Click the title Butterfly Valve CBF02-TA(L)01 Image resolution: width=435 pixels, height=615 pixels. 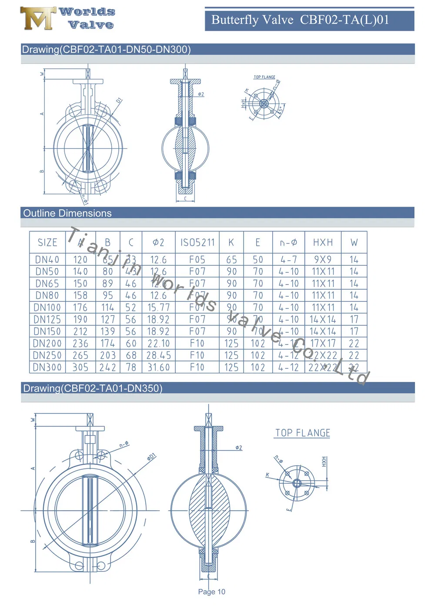[x=300, y=20]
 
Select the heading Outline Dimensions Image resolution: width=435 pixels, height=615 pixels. [x=67, y=213]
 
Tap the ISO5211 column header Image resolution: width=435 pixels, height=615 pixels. [x=197, y=242]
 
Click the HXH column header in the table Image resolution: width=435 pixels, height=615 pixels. [x=323, y=242]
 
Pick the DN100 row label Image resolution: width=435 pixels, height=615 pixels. [x=47, y=307]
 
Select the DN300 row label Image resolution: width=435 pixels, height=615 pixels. [x=47, y=367]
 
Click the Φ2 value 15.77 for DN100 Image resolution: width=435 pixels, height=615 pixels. [x=158, y=307]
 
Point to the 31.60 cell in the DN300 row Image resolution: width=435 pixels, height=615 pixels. [x=158, y=367]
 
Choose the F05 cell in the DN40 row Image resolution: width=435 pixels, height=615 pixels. [x=197, y=260]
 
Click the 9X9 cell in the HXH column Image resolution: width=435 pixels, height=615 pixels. [x=323, y=260]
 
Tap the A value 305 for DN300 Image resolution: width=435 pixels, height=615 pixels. [x=80, y=367]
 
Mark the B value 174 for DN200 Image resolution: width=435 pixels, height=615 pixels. [x=107, y=343]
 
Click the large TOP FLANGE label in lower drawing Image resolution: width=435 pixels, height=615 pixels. [x=302, y=433]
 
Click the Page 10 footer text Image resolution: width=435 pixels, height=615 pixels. [x=211, y=592]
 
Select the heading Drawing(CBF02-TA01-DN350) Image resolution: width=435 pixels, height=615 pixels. [x=93, y=388]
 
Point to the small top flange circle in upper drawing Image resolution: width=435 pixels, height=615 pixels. [x=264, y=104]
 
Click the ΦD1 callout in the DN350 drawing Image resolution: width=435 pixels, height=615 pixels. [x=151, y=457]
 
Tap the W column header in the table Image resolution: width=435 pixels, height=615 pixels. [x=354, y=242]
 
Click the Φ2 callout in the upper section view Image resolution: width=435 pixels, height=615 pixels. [x=201, y=94]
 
